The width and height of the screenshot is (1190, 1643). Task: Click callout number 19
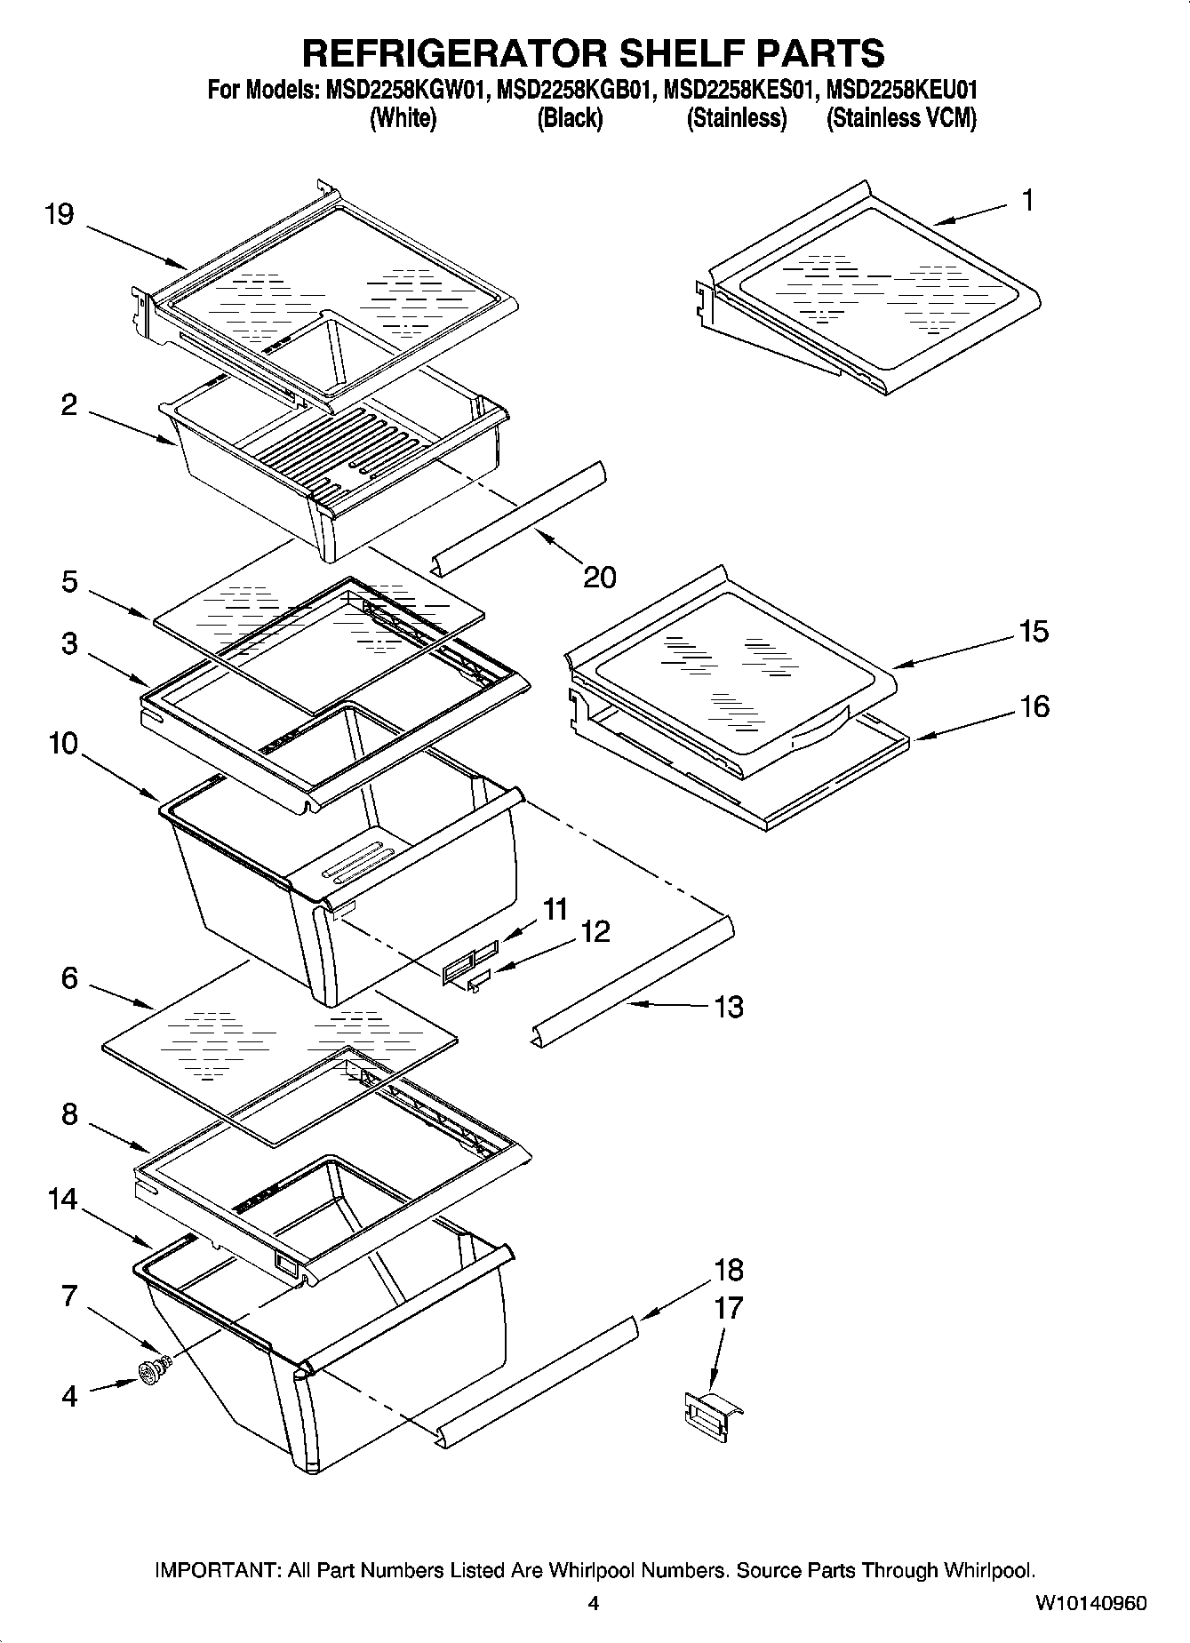[x=60, y=215]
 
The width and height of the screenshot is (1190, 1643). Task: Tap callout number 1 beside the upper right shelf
[x=1027, y=201]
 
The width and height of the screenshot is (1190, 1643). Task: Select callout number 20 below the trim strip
[x=600, y=578]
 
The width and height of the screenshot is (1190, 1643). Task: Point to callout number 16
[x=1034, y=707]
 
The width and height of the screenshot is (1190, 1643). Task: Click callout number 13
[x=729, y=1007]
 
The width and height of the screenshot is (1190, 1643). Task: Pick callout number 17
[x=728, y=1309]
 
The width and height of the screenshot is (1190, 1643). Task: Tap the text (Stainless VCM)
[x=901, y=118]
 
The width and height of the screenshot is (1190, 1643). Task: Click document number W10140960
[x=1090, y=1604]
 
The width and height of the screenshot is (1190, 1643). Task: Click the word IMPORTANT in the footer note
[x=219, y=1570]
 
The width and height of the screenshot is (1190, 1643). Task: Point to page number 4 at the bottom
[x=594, y=1604]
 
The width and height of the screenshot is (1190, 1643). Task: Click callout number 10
[x=63, y=744]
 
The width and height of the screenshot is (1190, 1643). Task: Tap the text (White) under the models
[x=402, y=118]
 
